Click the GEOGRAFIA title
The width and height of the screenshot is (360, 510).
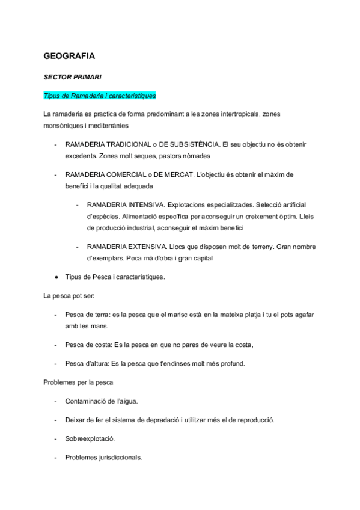tap(69, 56)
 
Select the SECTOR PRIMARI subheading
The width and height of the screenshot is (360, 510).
tap(72, 78)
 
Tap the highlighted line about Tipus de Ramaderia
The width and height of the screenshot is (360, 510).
tap(100, 96)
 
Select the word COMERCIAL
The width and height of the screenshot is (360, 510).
tap(124, 174)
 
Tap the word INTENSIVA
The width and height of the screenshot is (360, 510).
tap(148, 205)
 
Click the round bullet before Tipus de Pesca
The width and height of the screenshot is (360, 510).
tap(56, 277)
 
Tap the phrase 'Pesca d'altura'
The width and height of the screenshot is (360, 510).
tap(87, 363)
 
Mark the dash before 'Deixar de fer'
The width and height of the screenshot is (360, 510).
tap(55, 419)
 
